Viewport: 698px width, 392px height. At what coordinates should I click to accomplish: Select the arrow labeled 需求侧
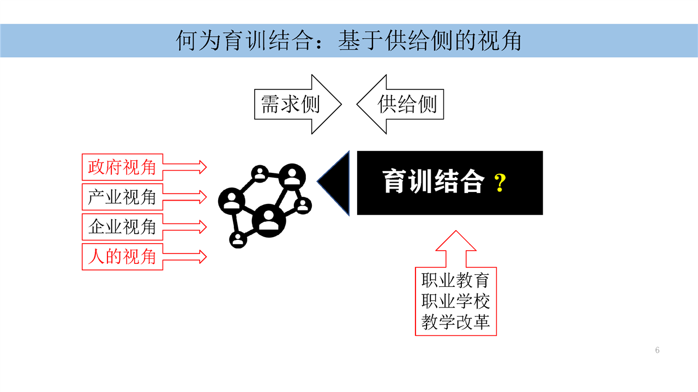tap(298, 104)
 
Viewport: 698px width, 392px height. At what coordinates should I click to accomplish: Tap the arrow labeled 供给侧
tap(400, 104)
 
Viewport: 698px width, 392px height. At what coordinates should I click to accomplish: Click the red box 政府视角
tap(123, 167)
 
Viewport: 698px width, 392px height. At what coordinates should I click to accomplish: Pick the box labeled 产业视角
tap(123, 197)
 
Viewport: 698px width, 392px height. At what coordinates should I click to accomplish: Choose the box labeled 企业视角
tap(123, 227)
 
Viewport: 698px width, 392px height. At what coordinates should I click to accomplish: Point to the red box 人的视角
tap(123, 257)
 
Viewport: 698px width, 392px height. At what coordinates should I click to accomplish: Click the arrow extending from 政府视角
tap(184, 167)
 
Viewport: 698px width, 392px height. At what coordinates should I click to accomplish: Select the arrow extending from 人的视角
tap(184, 257)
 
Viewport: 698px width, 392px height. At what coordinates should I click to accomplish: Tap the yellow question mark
tap(500, 183)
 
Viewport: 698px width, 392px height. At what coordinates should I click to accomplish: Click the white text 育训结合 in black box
tap(433, 182)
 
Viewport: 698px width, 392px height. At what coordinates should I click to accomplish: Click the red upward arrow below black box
tap(456, 249)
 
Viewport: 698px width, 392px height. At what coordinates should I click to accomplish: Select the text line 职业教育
tap(455, 280)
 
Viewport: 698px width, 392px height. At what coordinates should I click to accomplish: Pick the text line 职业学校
tap(455, 301)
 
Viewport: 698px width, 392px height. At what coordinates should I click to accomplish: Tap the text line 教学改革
tap(455, 322)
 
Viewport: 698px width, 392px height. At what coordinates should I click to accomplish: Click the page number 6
tap(657, 350)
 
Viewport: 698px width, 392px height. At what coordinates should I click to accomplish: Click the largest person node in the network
tap(269, 220)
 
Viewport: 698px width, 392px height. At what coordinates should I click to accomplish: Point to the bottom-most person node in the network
tap(238, 239)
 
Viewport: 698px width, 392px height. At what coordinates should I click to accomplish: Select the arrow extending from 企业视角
tap(184, 227)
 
